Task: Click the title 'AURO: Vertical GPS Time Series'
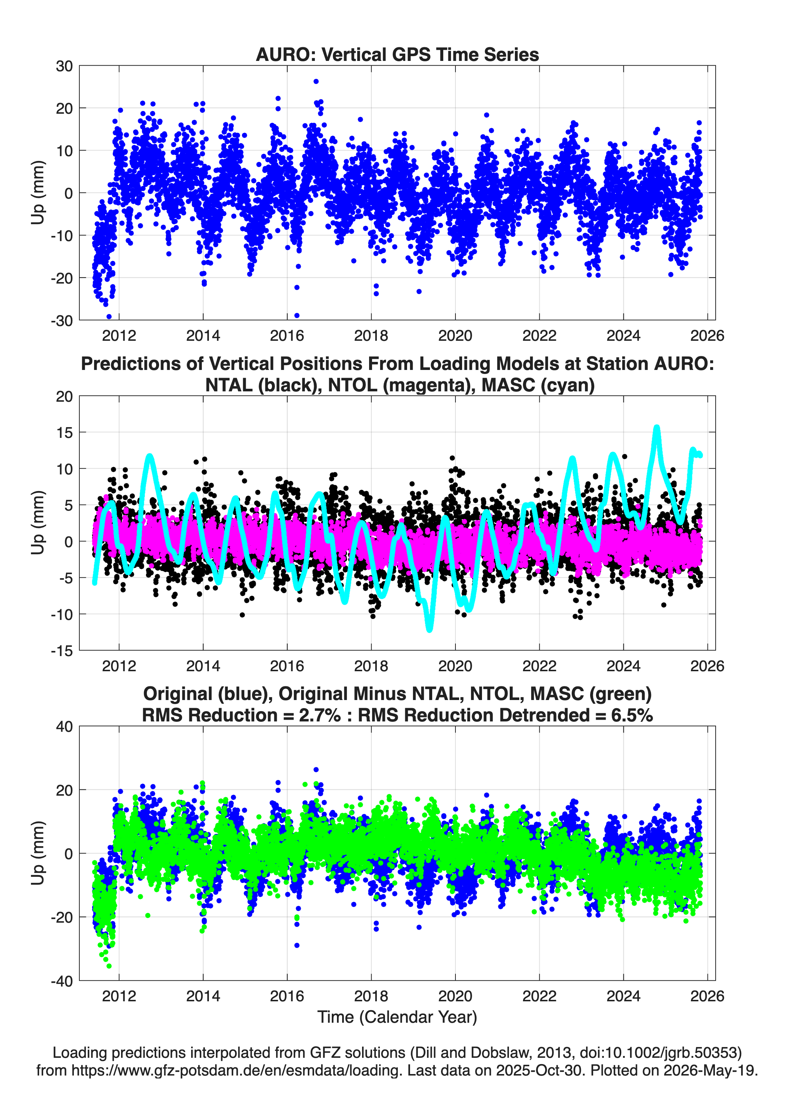[x=397, y=54]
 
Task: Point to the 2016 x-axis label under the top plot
[x=287, y=336]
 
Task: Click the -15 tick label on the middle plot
[x=62, y=651]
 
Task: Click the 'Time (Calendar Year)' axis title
[x=397, y=1017]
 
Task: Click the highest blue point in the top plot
[x=316, y=82]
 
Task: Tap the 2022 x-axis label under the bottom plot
[x=539, y=996]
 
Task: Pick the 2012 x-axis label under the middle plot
[x=119, y=666]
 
